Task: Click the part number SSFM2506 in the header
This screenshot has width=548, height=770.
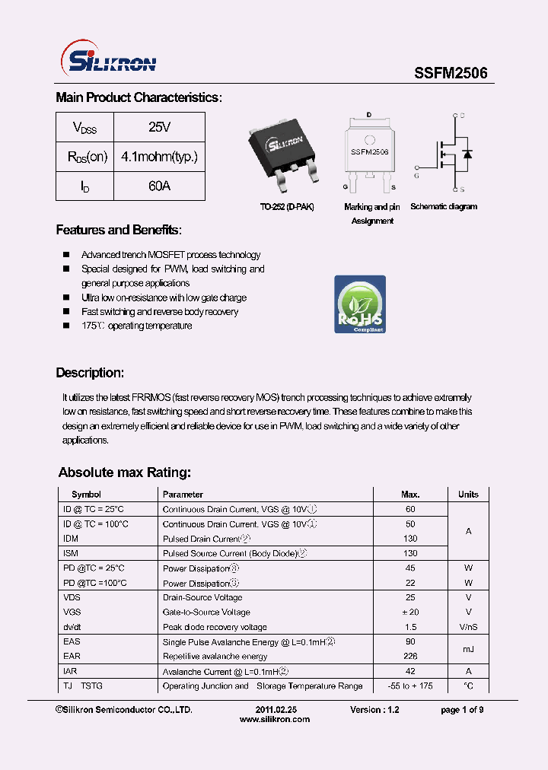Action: (451, 73)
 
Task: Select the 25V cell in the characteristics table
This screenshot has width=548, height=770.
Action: (159, 127)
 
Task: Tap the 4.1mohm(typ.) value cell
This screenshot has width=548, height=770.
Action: (159, 157)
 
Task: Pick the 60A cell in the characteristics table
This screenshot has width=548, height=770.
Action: (159, 186)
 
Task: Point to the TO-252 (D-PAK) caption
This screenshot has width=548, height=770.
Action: (286, 207)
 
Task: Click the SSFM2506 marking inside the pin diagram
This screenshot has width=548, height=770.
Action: (370, 152)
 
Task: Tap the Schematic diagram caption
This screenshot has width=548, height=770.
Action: (444, 207)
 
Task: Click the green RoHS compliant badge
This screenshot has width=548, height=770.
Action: (360, 304)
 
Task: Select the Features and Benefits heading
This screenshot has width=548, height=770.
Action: (119, 230)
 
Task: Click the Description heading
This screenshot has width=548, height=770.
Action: (90, 373)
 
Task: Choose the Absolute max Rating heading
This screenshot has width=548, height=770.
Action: (125, 473)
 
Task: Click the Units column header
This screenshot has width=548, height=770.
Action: (468, 495)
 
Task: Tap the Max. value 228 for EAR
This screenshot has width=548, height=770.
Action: (410, 656)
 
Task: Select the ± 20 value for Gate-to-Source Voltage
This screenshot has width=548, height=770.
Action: (410, 612)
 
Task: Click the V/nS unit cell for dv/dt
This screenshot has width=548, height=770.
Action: (468, 627)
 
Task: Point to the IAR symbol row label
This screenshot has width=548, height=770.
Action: (70, 672)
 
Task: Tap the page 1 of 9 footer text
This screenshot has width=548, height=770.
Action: (462, 709)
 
